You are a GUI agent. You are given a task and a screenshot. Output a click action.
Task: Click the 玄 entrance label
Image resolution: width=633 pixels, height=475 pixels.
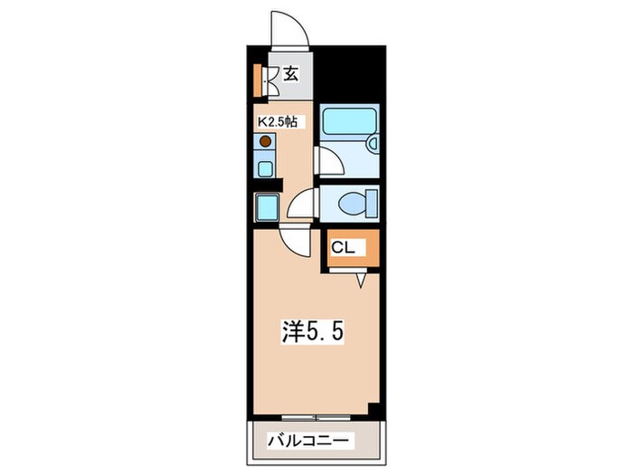click(x=290, y=75)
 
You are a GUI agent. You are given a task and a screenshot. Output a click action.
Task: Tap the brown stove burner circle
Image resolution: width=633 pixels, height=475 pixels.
click(x=266, y=141)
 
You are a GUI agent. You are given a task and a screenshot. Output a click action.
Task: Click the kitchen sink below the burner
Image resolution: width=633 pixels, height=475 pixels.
click(x=265, y=166)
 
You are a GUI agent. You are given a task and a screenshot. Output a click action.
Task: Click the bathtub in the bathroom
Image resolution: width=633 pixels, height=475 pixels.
click(x=352, y=122)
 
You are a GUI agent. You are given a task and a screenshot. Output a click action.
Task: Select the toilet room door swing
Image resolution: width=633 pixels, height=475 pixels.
click(x=301, y=204)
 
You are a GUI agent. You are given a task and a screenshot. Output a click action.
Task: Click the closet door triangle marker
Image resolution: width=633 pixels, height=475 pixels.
click(x=361, y=280)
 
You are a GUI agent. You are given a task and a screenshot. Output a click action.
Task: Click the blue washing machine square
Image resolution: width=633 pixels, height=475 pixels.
click(x=268, y=208)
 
